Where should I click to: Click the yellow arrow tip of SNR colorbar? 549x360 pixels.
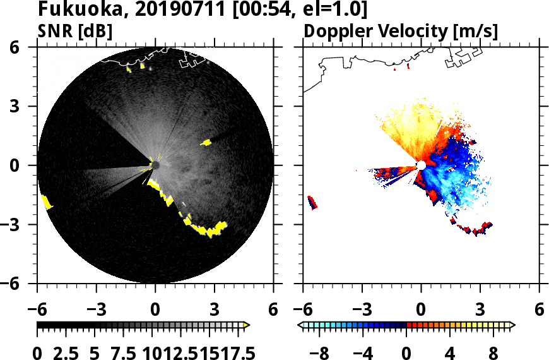247,325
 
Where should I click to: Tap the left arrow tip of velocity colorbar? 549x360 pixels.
300,325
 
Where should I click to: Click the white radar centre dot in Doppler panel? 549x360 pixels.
421,165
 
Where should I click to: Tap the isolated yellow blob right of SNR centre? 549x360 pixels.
206,143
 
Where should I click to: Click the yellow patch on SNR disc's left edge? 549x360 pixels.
46,202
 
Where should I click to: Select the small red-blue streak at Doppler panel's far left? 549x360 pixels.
312,202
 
